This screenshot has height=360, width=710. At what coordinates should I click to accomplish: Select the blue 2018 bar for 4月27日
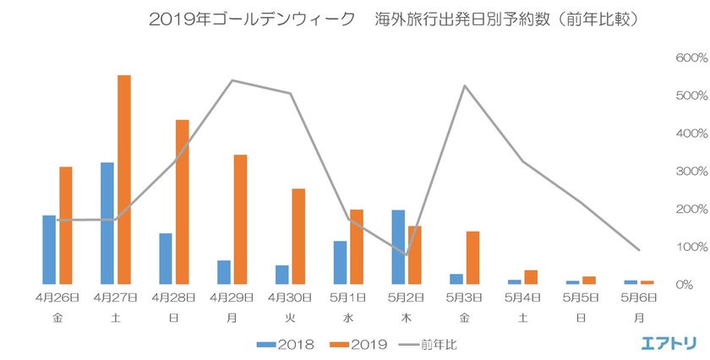107,223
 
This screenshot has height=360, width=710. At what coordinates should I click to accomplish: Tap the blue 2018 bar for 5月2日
399,247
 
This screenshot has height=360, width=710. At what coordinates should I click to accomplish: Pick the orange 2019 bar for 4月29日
241,220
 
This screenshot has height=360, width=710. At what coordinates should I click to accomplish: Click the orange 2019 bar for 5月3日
473,258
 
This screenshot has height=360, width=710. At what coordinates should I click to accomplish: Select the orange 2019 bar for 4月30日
299,237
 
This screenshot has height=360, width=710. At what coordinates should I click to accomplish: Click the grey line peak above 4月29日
232,81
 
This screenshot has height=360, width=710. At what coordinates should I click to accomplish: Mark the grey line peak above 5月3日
465,85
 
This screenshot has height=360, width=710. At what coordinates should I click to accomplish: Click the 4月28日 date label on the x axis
174,297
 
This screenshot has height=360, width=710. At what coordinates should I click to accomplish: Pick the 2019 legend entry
358,344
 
